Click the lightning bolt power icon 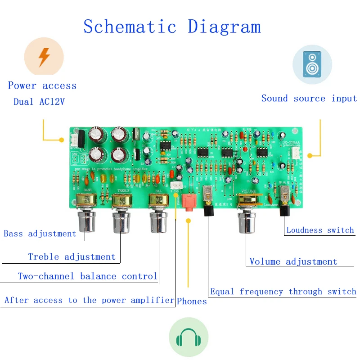(44, 57)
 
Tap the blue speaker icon (312, 64)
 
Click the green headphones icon (189, 337)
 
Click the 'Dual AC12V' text (39, 102)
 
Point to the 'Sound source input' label (309, 98)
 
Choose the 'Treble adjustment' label (72, 256)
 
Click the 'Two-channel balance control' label (88, 276)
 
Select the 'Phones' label (192, 301)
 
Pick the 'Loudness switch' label (320, 230)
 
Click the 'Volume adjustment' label (293, 261)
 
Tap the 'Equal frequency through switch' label (283, 292)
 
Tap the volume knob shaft (247, 222)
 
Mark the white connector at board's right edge (296, 153)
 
